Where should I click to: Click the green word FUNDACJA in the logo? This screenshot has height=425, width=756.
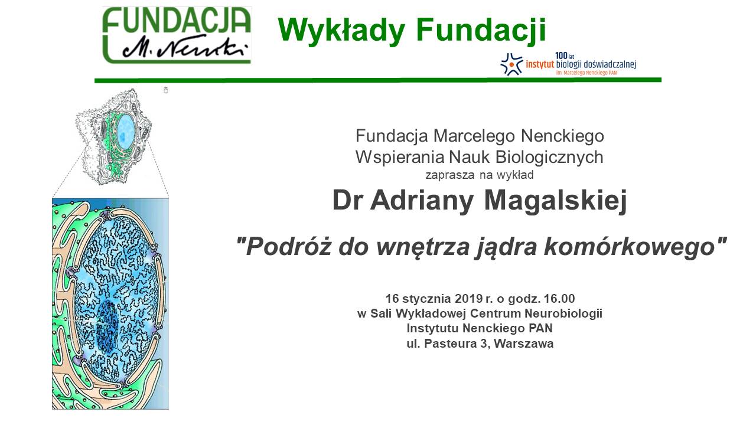point(177,21)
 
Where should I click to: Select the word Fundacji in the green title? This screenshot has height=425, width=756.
point(481,30)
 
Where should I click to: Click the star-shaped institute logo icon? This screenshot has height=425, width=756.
point(511,64)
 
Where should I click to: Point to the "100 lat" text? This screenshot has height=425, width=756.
point(564,56)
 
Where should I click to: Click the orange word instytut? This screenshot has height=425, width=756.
point(540,64)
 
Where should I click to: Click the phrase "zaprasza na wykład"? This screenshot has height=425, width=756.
point(480,175)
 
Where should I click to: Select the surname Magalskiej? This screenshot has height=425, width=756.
point(556,201)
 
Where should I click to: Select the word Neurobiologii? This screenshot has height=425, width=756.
point(563,313)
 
